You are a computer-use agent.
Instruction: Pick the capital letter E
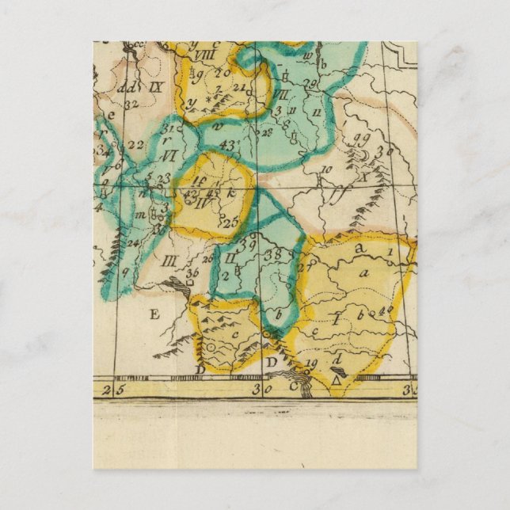coord(154,314)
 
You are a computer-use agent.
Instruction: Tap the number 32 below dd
coord(131,101)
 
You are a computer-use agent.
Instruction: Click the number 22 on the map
coord(135,144)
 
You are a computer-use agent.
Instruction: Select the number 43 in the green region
coord(230,145)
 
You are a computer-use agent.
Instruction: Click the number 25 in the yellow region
coord(231,223)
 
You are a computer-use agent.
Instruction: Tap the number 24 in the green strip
coord(133,242)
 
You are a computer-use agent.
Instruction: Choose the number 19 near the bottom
coord(311,363)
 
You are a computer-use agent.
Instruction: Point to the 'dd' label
coord(125,89)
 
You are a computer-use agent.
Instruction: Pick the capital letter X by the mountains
coord(364,177)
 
